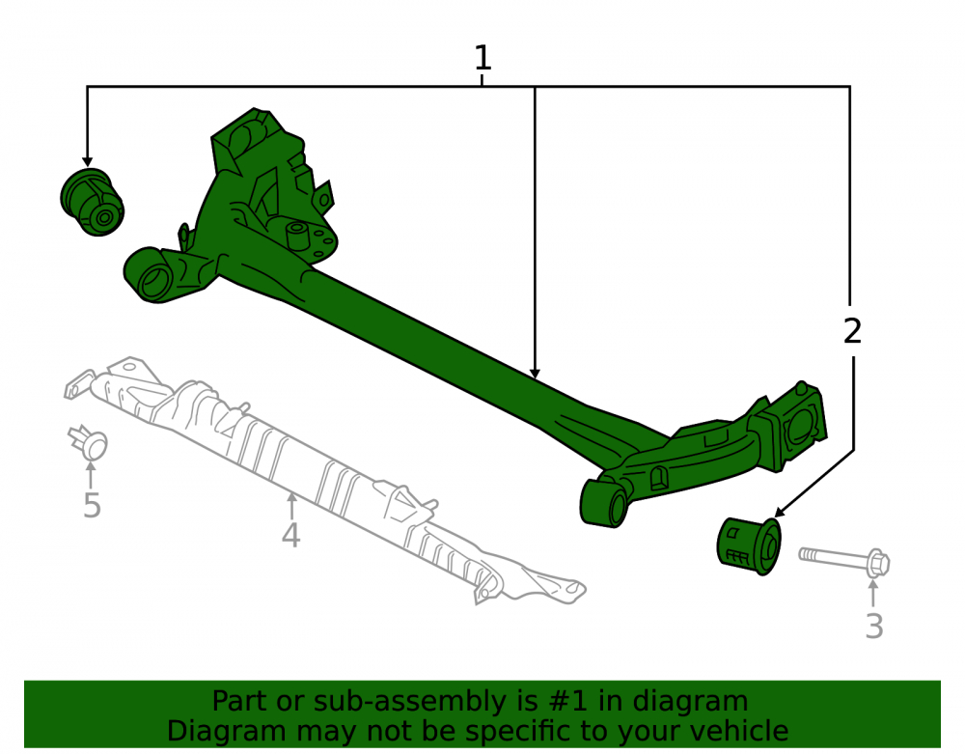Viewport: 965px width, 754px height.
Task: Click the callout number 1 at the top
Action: point(482,58)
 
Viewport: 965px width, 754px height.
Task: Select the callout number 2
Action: point(852,331)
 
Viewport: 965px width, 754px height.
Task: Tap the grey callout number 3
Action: point(874,626)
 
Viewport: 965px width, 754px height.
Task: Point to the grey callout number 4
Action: point(290,535)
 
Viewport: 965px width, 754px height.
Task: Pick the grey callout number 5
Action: point(92,505)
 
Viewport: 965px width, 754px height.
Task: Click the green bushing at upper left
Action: point(93,202)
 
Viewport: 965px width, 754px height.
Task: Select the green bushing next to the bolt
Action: point(749,546)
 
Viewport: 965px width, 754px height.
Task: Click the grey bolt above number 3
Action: point(844,560)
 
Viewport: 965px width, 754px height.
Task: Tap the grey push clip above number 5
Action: point(88,442)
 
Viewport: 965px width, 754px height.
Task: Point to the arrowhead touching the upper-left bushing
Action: point(88,161)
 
